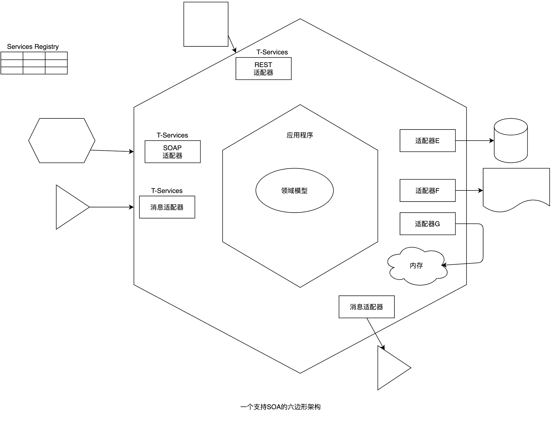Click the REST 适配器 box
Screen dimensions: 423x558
tap(263, 68)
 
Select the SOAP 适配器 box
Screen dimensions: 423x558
tap(172, 152)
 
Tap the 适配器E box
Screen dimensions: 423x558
tap(427, 141)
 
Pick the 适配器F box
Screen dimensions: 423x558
tap(427, 191)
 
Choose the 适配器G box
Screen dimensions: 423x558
tap(427, 224)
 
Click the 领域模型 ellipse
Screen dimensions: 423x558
tap(294, 191)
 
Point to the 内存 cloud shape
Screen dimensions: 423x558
tap(417, 266)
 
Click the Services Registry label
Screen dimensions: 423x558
tap(33, 47)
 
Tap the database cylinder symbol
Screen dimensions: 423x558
tap(510, 141)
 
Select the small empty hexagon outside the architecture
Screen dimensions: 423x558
tap(62, 141)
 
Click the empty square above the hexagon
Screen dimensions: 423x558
tap(206, 24)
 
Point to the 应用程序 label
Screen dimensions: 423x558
tap(300, 135)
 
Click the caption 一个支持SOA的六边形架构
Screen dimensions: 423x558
tap(280, 407)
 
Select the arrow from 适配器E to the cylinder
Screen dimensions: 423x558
tap(474, 141)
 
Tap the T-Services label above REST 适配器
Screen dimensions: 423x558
tap(272, 52)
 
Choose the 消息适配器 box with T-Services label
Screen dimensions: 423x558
tap(167, 207)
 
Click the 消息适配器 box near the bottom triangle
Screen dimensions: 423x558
tap(366, 307)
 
